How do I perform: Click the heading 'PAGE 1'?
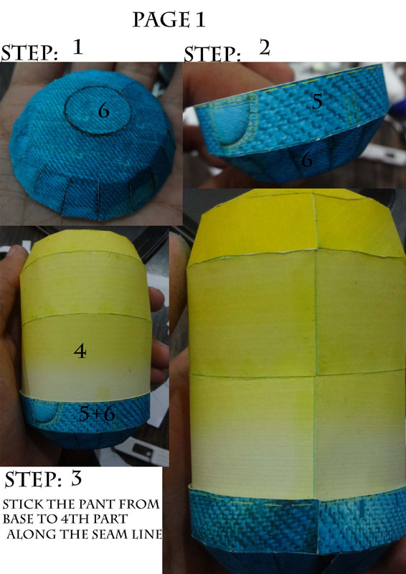(169, 20)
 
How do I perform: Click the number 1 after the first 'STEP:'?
(77, 47)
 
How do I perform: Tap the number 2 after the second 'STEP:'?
(264, 48)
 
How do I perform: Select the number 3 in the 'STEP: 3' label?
(76, 479)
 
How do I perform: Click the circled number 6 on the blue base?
(103, 110)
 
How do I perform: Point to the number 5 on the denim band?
(317, 102)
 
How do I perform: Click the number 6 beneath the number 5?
(306, 160)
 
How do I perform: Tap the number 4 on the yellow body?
(80, 352)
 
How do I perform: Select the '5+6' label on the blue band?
(97, 414)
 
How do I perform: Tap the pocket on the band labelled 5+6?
(45, 412)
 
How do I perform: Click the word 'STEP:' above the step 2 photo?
(212, 55)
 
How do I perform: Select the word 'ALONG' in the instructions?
(27, 535)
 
